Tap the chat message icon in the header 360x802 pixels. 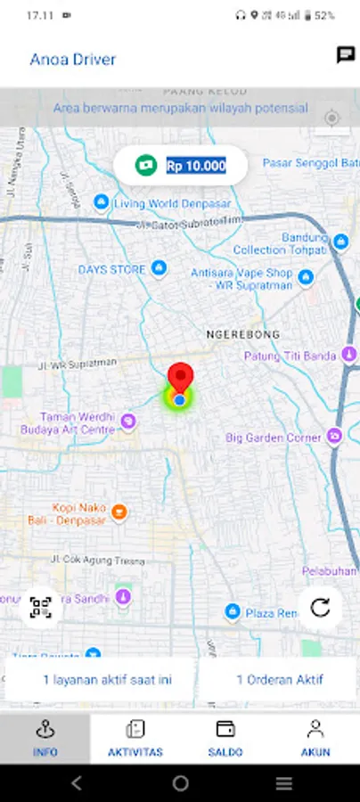(x=346, y=55)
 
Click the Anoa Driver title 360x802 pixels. (x=73, y=60)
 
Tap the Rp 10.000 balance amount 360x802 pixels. (x=195, y=165)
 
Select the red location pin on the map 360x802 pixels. (x=181, y=379)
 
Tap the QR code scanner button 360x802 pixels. (x=41, y=608)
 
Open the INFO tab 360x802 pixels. (x=45, y=739)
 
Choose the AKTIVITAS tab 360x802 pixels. (x=135, y=739)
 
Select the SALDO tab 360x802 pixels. (x=225, y=739)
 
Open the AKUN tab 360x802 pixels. (x=315, y=739)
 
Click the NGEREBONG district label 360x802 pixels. (x=243, y=334)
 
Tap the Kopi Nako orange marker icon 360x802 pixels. (x=119, y=511)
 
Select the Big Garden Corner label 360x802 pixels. (x=273, y=438)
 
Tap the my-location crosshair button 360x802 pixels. (x=332, y=119)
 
